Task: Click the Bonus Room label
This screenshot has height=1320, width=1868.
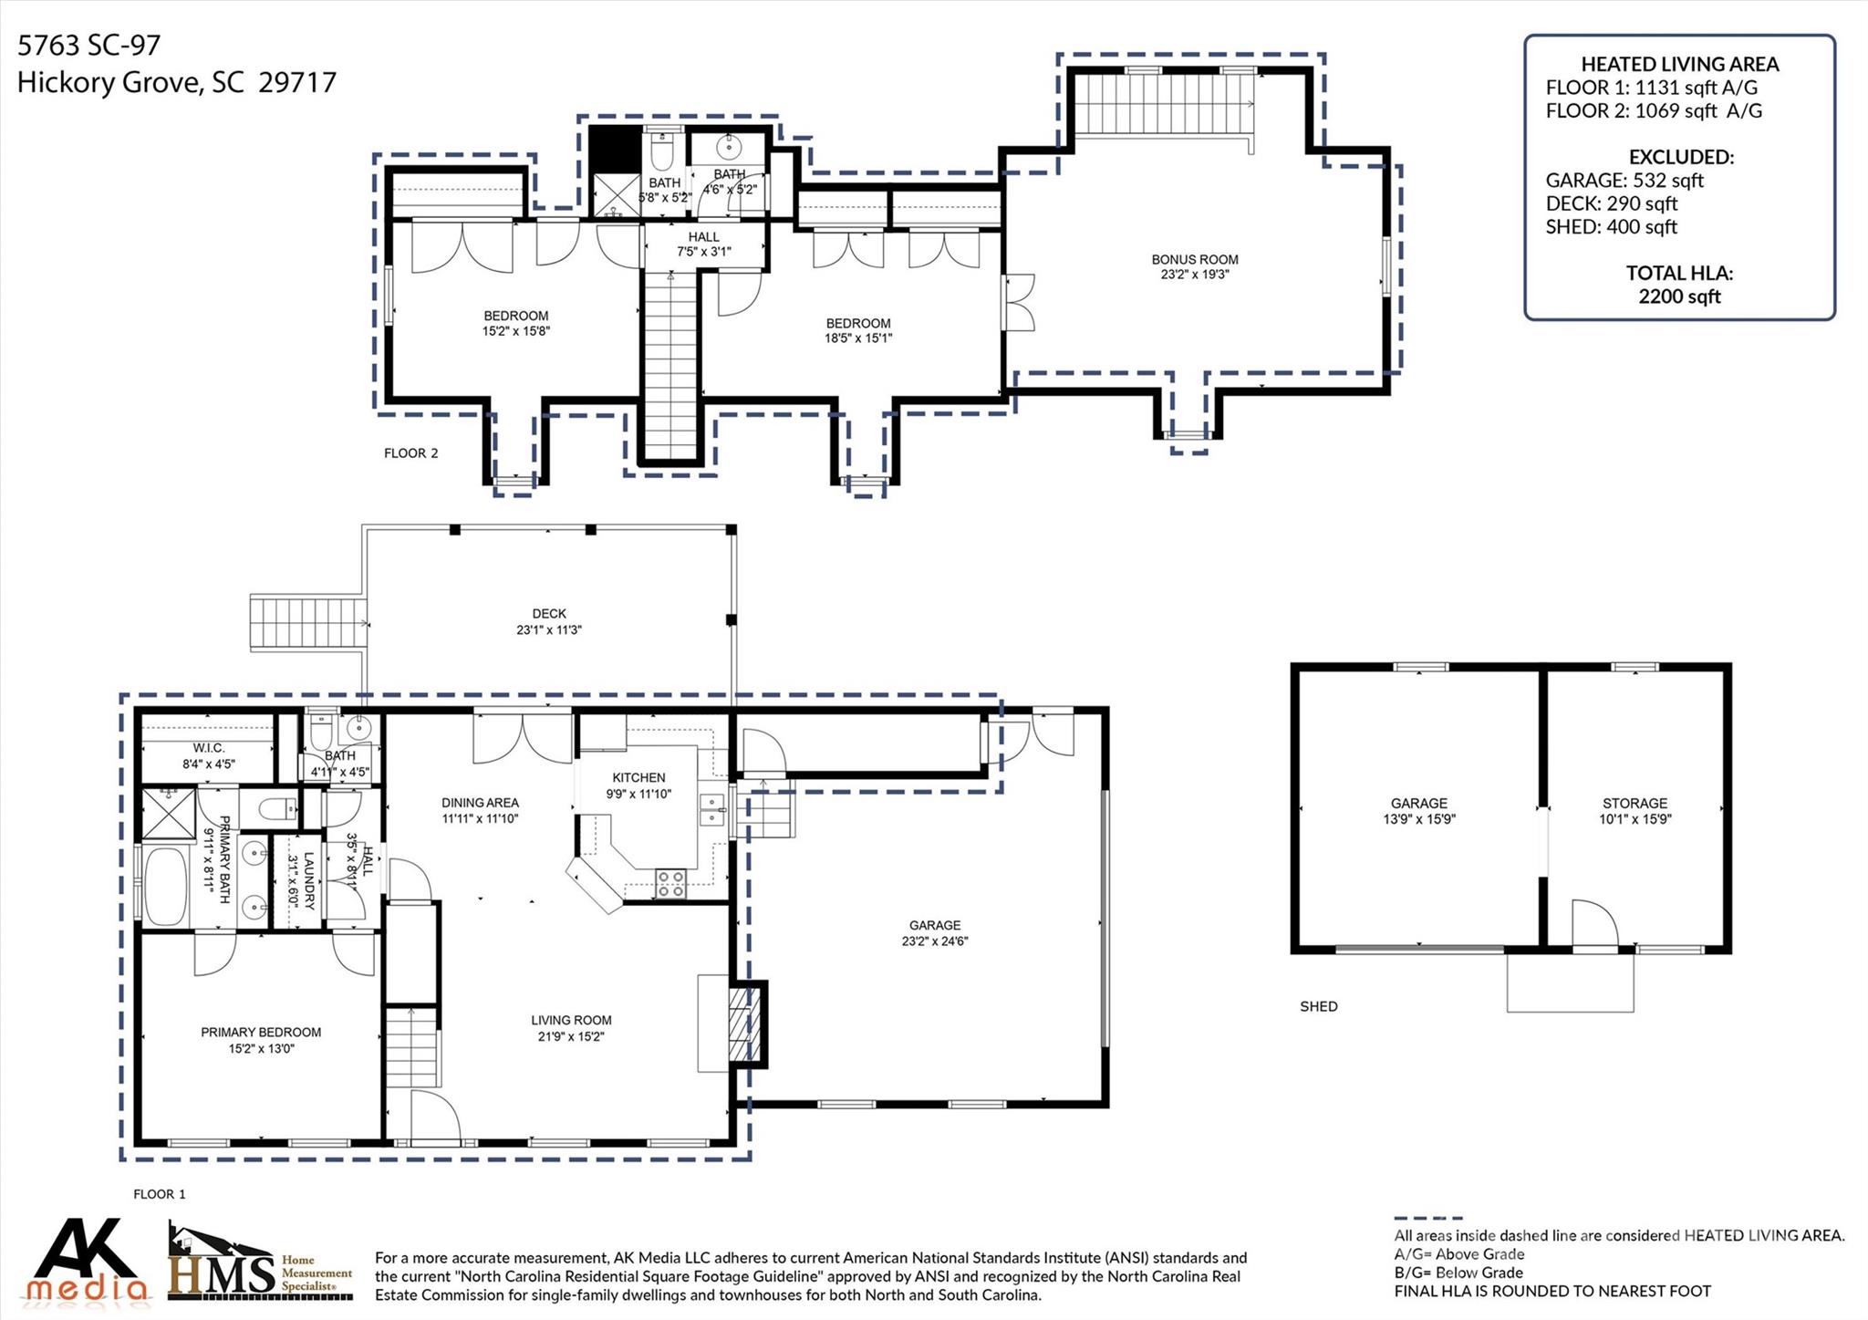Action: pyautogui.click(x=1195, y=259)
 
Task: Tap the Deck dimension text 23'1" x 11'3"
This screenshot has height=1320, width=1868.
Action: pyautogui.click(x=549, y=629)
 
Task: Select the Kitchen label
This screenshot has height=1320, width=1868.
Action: pyautogui.click(x=638, y=777)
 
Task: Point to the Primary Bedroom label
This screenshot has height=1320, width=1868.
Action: pyautogui.click(x=261, y=1032)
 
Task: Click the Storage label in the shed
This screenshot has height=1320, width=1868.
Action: pyautogui.click(x=1634, y=803)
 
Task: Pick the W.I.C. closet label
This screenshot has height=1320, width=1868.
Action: pyautogui.click(x=209, y=748)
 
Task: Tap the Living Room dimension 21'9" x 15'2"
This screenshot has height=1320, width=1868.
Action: pyautogui.click(x=571, y=1036)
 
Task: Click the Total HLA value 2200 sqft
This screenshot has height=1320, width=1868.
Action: pyautogui.click(x=1679, y=296)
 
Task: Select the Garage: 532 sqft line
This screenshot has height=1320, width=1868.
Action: pyautogui.click(x=1624, y=181)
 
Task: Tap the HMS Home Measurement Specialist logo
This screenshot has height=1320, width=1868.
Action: pyautogui.click(x=260, y=1263)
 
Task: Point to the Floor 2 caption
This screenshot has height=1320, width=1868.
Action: pyautogui.click(x=410, y=452)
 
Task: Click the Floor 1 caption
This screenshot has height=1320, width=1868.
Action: pyautogui.click(x=160, y=1193)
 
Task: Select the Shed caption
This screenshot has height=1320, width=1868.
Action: pyautogui.click(x=1319, y=1006)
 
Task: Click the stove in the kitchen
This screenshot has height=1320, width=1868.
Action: pyautogui.click(x=671, y=883)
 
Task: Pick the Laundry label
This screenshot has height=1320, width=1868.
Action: pyautogui.click(x=308, y=880)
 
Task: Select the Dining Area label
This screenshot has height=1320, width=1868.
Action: pyautogui.click(x=480, y=803)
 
